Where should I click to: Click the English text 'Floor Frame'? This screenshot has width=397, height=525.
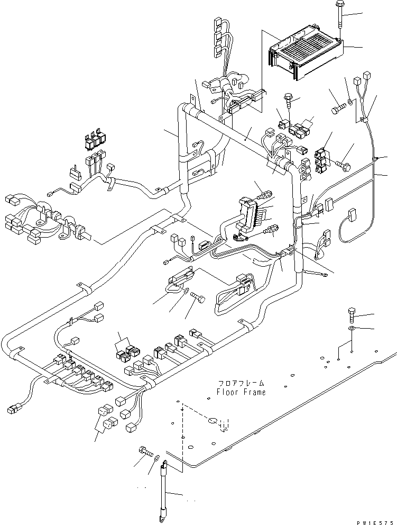pyautogui.click(x=241, y=392)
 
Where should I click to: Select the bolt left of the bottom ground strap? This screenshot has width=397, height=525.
pyautogui.click(x=143, y=451)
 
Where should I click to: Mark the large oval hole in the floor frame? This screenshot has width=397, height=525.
pyautogui.click(x=212, y=421)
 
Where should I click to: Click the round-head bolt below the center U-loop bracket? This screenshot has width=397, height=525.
pyautogui.click(x=199, y=298)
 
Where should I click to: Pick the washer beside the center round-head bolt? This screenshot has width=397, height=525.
pyautogui.click(x=187, y=290)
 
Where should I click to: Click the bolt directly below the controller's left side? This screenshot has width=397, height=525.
pyautogui.click(x=289, y=99)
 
